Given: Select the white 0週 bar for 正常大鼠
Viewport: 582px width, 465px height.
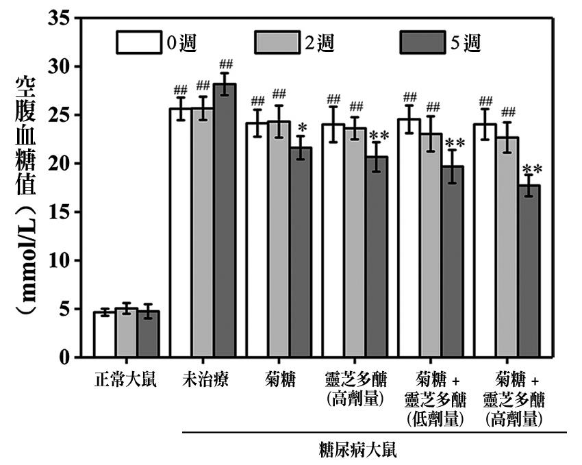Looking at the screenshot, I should coord(104,335).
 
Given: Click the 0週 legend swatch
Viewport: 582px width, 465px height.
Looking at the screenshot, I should coord(138,42).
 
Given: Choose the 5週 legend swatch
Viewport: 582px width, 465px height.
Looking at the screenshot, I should coord(420,42).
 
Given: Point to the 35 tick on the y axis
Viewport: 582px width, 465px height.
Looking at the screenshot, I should coord(60,19).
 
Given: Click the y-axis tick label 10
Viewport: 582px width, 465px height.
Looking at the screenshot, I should coord(60,261).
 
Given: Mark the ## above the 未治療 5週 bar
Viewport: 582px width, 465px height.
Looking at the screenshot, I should coord(225,65).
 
